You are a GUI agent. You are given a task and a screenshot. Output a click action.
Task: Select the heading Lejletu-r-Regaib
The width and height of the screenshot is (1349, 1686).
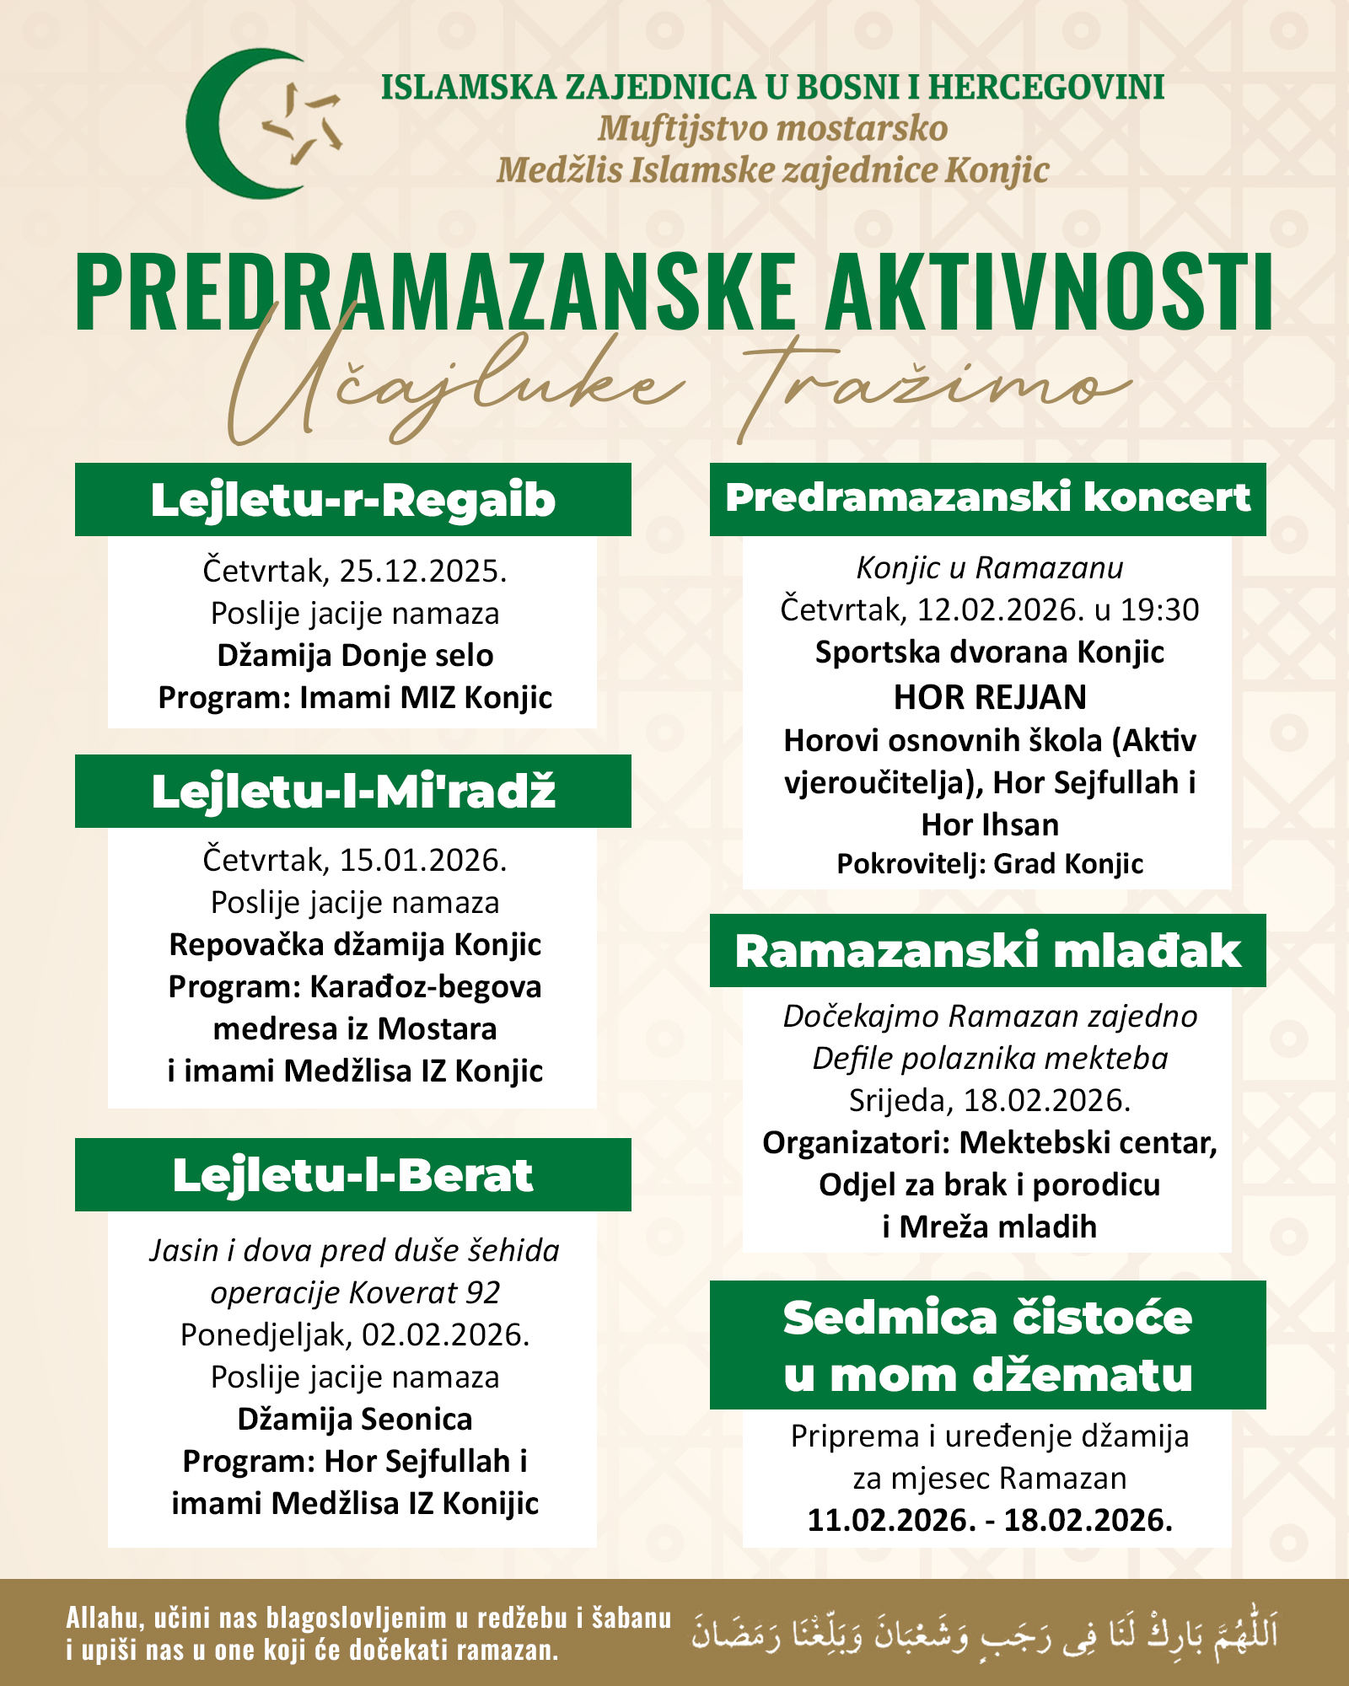(x=352, y=500)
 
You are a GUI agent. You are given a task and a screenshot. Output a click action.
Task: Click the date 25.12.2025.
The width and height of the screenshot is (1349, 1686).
(x=422, y=572)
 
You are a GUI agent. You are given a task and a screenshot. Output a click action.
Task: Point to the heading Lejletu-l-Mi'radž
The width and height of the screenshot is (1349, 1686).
(x=352, y=792)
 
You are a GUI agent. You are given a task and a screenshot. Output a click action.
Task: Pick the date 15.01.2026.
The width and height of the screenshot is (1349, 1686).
(x=422, y=861)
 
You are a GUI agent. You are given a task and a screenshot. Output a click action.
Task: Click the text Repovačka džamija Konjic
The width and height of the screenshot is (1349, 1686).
(x=355, y=945)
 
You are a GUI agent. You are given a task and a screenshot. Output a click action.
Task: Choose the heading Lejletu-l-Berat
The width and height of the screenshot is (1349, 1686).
(x=352, y=1175)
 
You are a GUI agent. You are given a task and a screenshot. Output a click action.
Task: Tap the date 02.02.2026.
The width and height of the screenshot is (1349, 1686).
(x=445, y=1335)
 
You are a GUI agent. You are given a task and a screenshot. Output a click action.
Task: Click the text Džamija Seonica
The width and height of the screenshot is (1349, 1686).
(x=355, y=1420)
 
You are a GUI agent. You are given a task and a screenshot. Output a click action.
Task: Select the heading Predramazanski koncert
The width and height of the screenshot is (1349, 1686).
(x=987, y=498)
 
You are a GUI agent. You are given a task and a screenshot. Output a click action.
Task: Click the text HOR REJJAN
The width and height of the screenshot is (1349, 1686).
(x=990, y=697)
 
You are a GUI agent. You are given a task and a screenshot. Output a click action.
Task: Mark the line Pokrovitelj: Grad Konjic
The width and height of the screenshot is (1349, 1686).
(x=990, y=864)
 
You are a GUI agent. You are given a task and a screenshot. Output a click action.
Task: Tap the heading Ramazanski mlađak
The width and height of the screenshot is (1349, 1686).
(x=987, y=952)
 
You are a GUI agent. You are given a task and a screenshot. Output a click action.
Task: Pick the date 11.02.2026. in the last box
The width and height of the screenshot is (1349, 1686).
(x=891, y=1521)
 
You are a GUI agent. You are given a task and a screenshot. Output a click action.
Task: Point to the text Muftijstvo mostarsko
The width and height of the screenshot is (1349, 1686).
(x=772, y=129)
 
